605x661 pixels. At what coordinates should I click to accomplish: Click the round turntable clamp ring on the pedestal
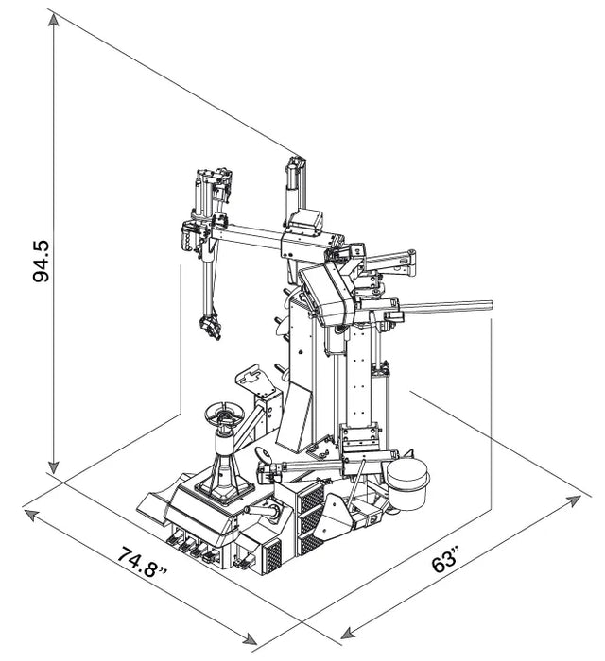[225, 415]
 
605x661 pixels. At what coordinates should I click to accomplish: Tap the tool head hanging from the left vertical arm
[209, 324]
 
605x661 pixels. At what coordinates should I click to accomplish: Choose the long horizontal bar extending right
[444, 306]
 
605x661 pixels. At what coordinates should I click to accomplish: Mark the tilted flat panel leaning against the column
[295, 416]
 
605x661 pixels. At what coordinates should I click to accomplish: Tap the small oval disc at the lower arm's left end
[268, 456]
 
